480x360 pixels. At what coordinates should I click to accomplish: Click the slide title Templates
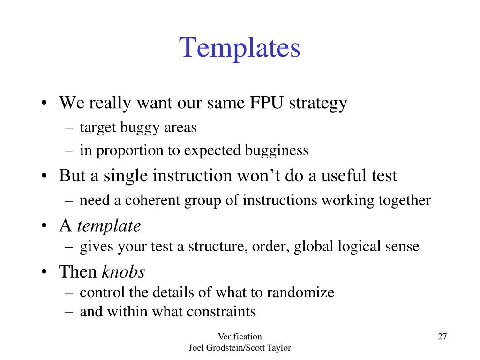point(240,48)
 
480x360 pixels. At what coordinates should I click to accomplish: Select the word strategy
point(318,103)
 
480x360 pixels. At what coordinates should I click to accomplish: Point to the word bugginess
point(277,150)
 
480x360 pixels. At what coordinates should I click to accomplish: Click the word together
point(405,200)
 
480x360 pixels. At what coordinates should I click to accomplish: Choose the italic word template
point(109,226)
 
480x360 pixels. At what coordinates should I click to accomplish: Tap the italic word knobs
point(123,272)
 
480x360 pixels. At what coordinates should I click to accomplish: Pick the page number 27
point(442,336)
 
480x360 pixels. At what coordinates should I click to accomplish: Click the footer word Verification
point(240,336)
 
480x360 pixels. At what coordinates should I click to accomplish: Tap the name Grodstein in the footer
point(225,348)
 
